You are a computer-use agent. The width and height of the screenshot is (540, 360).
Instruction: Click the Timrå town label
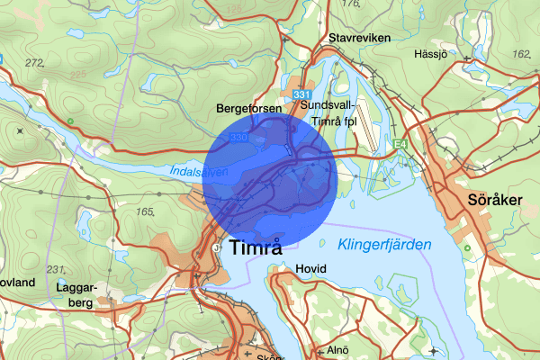pyautogui.click(x=256, y=249)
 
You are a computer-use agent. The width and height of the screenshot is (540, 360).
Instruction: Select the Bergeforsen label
pyautogui.click(x=249, y=108)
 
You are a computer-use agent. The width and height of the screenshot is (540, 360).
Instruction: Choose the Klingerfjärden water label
pyautogui.click(x=384, y=245)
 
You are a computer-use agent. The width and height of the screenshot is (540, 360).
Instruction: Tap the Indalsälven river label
pyautogui.click(x=197, y=170)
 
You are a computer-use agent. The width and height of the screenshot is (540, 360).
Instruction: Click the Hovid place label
pyautogui.click(x=310, y=269)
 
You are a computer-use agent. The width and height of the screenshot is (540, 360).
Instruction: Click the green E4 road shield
pyautogui.click(x=399, y=142)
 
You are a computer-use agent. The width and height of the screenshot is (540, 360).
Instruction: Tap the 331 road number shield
pyautogui.click(x=301, y=95)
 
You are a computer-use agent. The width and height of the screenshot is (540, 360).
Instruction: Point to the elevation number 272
pyautogui.click(x=35, y=63)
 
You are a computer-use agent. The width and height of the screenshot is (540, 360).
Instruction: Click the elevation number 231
pyautogui.click(x=57, y=270)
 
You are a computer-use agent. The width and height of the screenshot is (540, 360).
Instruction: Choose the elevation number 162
pyautogui.click(x=521, y=54)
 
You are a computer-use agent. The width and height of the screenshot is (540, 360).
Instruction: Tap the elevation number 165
pyautogui.click(x=145, y=211)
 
